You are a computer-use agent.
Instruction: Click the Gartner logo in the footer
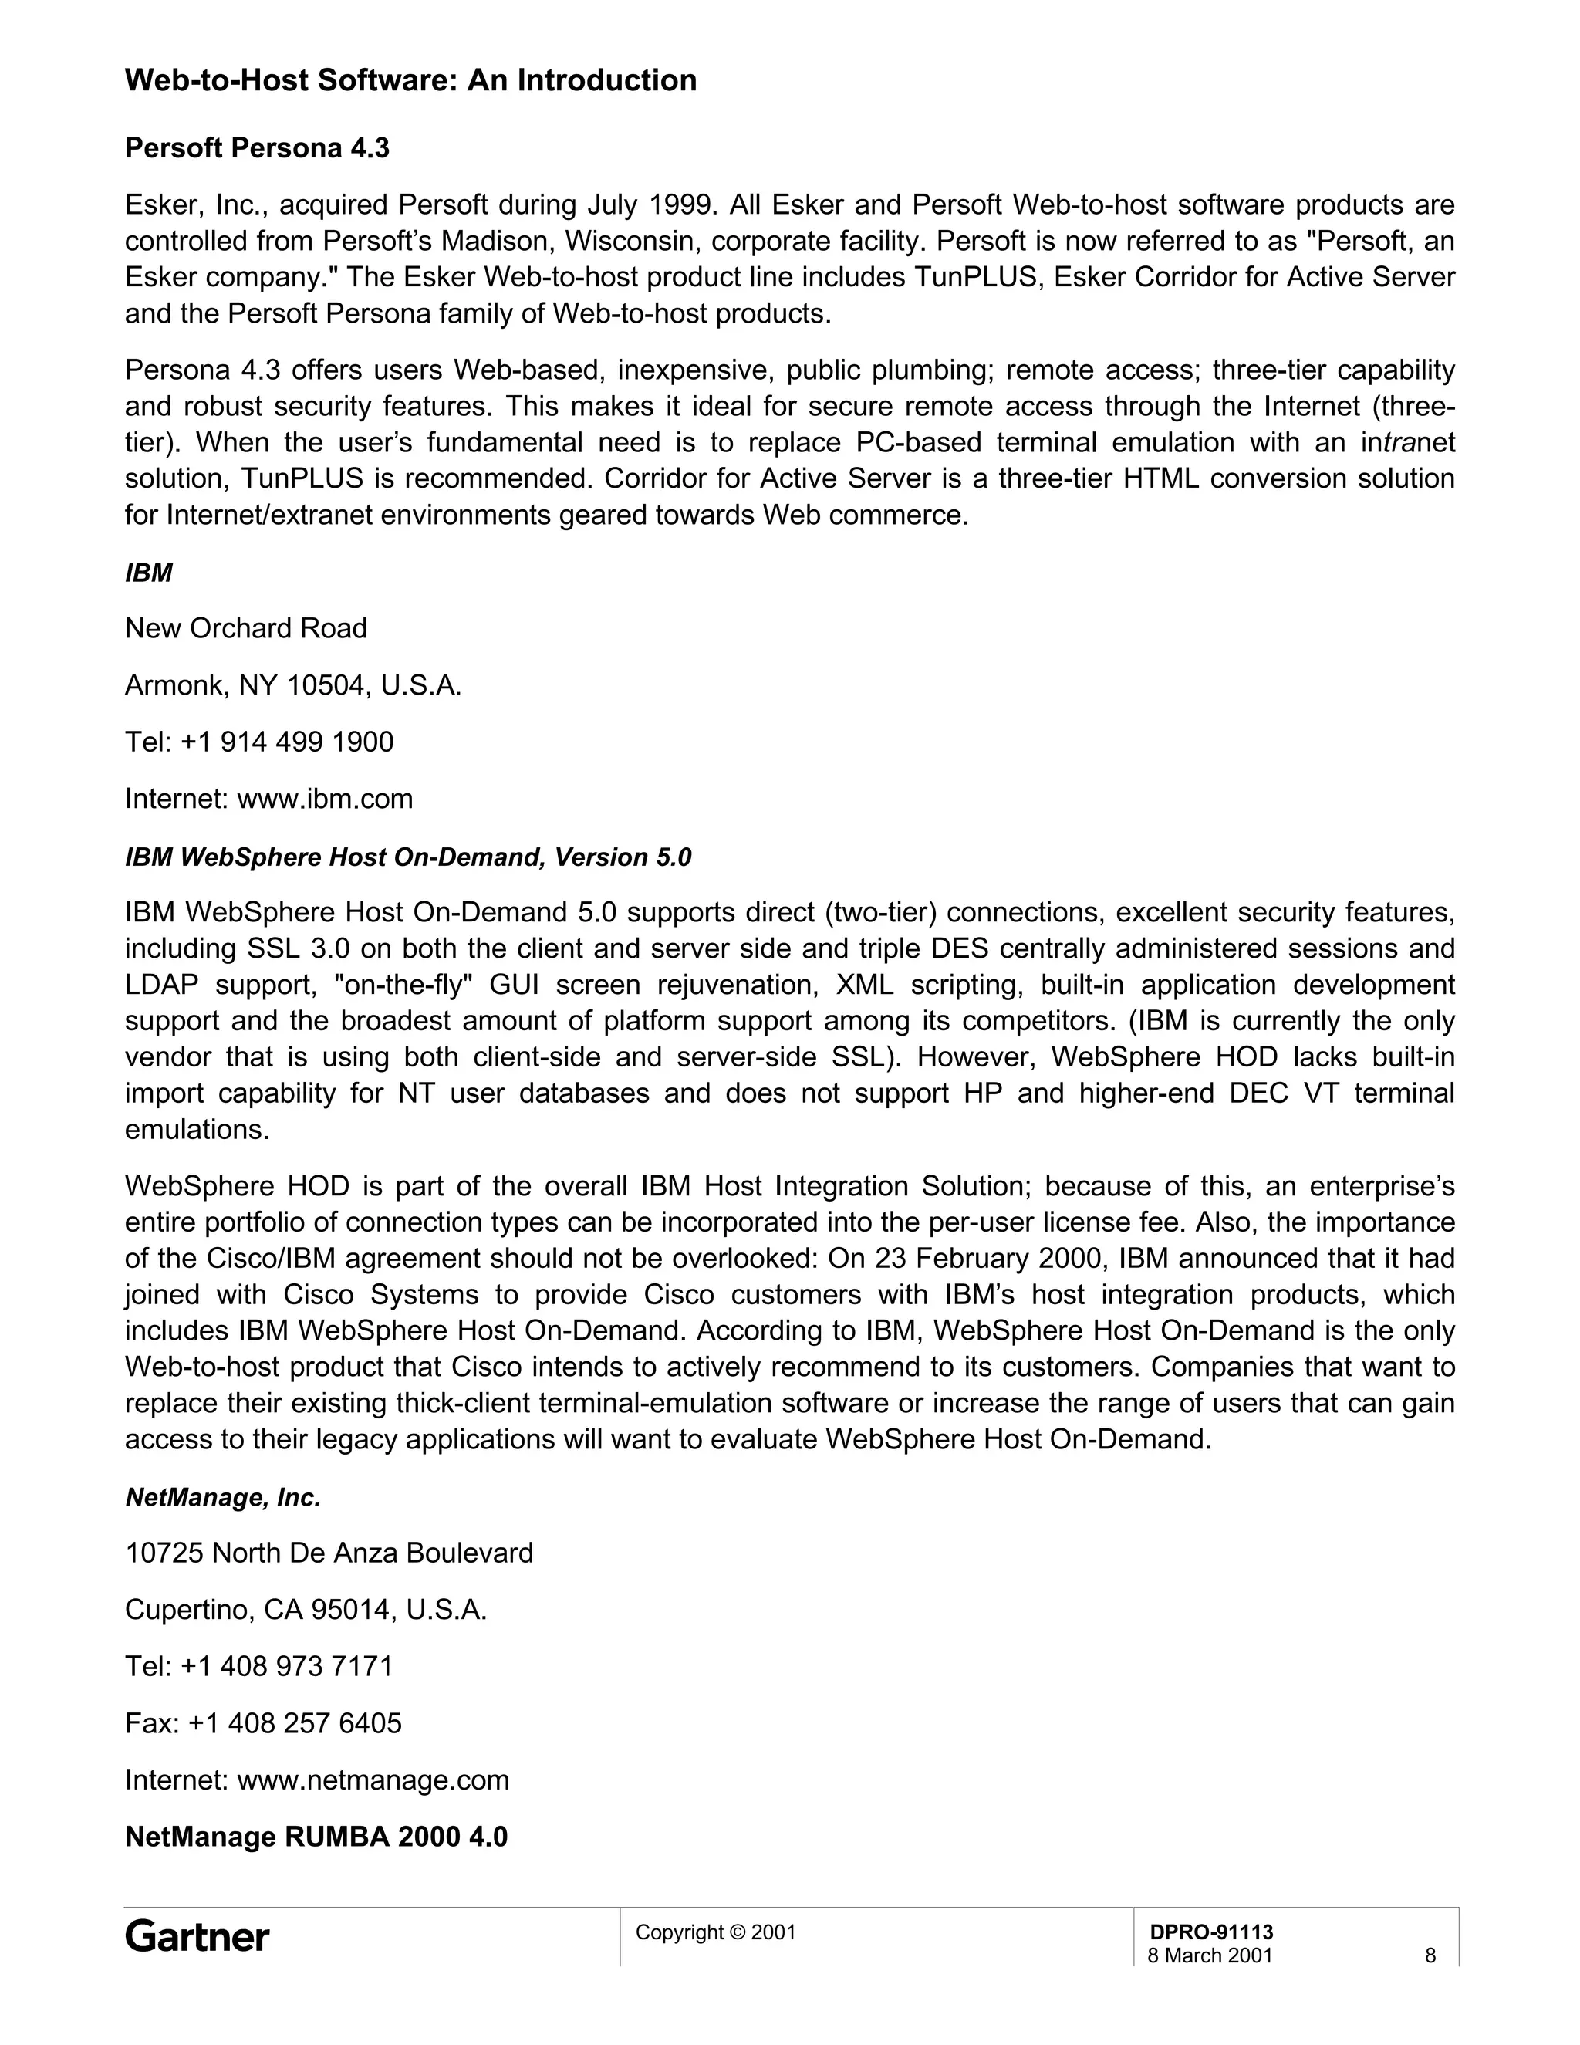pyautogui.click(x=197, y=1936)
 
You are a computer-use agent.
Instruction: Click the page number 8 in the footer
pyautogui.click(x=1430, y=1955)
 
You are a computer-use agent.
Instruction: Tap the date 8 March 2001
pyautogui.click(x=1210, y=1955)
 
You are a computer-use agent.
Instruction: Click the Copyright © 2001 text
pyautogui.click(x=715, y=1932)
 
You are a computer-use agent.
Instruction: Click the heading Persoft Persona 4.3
pyautogui.click(x=258, y=148)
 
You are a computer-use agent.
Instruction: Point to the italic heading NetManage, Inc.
pyautogui.click(x=223, y=1498)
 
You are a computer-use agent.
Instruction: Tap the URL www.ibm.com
pyautogui.click(x=325, y=799)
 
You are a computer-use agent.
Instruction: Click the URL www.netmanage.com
pyautogui.click(x=373, y=1780)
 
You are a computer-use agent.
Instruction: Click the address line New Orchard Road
pyautogui.click(x=246, y=628)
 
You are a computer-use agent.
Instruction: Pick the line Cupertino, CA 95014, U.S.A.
pyautogui.click(x=306, y=1610)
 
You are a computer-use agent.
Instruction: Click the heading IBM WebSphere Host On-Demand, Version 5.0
pyautogui.click(x=408, y=857)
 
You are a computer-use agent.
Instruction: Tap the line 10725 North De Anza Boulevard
pyautogui.click(x=329, y=1553)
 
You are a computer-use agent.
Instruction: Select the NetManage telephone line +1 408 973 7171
pyautogui.click(x=287, y=1666)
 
